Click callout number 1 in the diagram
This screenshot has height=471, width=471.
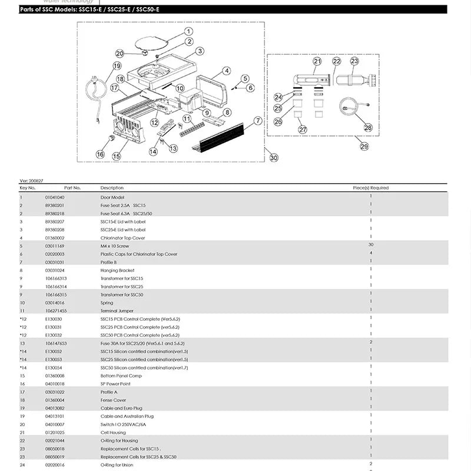188,31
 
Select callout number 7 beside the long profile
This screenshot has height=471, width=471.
257,121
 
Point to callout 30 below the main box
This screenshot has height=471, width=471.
273,157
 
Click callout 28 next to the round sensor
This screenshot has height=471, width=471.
369,127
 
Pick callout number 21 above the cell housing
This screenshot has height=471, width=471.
317,61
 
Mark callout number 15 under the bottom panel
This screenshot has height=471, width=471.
117,156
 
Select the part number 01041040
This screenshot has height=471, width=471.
55,197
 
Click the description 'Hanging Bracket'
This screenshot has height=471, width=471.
114,270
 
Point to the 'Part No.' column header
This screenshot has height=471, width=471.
72,188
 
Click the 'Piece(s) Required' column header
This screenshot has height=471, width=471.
370,188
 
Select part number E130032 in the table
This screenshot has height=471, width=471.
54,335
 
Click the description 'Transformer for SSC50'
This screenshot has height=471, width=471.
122,294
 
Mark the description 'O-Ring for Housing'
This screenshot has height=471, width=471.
120,440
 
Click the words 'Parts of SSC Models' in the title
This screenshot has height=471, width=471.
50,9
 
